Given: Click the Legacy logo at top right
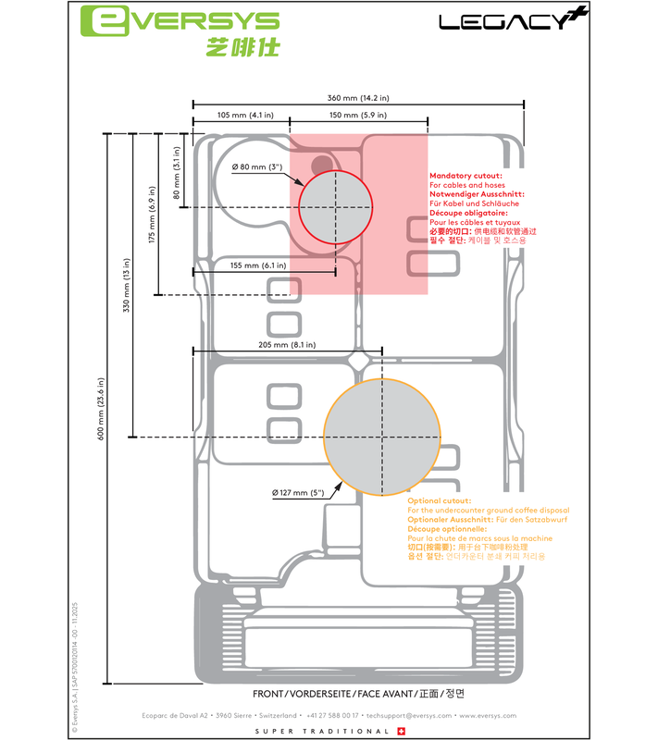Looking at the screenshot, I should (x=508, y=20).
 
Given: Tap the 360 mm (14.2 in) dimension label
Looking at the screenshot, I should (x=358, y=96).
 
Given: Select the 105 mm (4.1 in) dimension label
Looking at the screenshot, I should (x=240, y=116).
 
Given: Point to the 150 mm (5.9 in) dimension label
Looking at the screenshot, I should (x=357, y=116).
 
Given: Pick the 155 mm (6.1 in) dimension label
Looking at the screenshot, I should (x=257, y=265).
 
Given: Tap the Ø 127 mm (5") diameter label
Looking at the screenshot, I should (x=298, y=493).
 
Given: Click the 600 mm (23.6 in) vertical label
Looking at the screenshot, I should (x=102, y=409).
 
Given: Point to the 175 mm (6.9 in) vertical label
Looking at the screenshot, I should (x=152, y=215).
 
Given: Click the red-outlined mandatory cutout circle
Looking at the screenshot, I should (x=334, y=206).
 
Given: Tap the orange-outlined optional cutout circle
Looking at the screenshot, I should (x=381, y=436).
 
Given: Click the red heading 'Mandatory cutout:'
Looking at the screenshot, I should (x=466, y=175).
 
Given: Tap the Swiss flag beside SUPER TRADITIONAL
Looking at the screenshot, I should (x=400, y=731).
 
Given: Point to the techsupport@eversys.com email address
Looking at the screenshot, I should (x=408, y=715).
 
